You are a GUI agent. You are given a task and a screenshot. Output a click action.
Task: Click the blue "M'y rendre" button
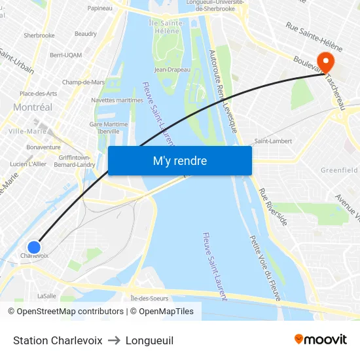pyautogui.click(x=179, y=160)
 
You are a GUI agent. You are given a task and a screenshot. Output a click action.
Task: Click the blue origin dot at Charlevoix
pyautogui.click(x=34, y=247)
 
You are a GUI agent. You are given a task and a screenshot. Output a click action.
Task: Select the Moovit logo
pyautogui.click(x=321, y=339)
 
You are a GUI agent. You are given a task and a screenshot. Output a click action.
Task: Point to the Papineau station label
pyautogui.click(x=99, y=9)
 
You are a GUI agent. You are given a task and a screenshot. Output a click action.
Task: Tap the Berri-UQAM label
pyautogui.click(x=65, y=55)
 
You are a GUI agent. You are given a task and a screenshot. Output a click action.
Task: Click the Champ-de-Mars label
pyautogui.click(x=83, y=82)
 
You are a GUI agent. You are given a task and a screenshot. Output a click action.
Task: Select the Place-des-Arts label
pyautogui.click(x=38, y=94)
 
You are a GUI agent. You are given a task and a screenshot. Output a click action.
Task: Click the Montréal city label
pyautogui.click(x=33, y=107)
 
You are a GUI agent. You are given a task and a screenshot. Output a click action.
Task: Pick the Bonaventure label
pyautogui.click(x=43, y=147)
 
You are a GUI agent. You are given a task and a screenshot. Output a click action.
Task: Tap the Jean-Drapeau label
pyautogui.click(x=172, y=69)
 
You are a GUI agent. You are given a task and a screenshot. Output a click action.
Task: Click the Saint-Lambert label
pyautogui.click(x=273, y=141)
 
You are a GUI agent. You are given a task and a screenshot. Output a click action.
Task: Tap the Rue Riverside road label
pyautogui.click(x=273, y=207)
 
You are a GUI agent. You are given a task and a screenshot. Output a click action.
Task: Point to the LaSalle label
pyautogui.click(x=46, y=296)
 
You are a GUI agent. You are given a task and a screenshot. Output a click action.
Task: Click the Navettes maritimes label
pyautogui.click(x=117, y=100)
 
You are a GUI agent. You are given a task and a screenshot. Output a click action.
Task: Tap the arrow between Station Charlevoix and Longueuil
pyautogui.click(x=114, y=340)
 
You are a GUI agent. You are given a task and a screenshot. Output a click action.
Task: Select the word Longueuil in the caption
pyautogui.click(x=149, y=340)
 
